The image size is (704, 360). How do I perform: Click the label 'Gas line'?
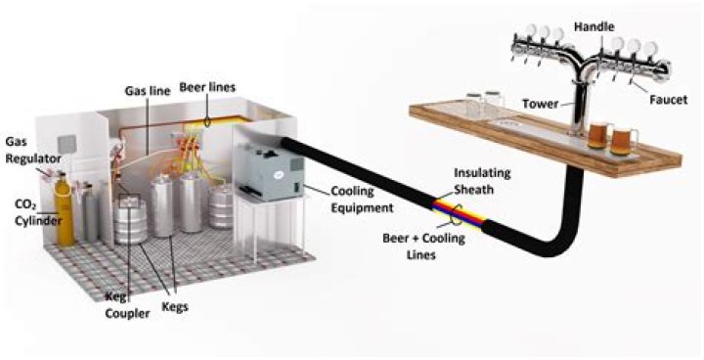[x=148, y=91]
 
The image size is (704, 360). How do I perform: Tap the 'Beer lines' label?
[x=207, y=87]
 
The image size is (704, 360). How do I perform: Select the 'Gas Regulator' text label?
[x=33, y=150]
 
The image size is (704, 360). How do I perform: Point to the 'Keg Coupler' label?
[x=127, y=304]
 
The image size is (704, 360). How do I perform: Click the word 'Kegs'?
[x=175, y=307]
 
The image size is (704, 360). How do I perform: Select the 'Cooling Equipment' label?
[x=362, y=200]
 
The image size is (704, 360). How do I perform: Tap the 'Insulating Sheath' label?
[x=482, y=181]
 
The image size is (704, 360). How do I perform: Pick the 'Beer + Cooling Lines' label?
[x=423, y=246]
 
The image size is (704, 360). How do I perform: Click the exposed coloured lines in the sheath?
[x=459, y=213]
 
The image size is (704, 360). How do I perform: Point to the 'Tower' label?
[x=540, y=104]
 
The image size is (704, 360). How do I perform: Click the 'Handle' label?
[x=594, y=27]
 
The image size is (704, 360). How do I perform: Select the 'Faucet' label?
[x=669, y=100]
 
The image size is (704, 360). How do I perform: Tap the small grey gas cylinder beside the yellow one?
[x=91, y=212]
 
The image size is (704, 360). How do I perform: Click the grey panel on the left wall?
[x=67, y=145]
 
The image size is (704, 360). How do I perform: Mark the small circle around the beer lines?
[x=208, y=121]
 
